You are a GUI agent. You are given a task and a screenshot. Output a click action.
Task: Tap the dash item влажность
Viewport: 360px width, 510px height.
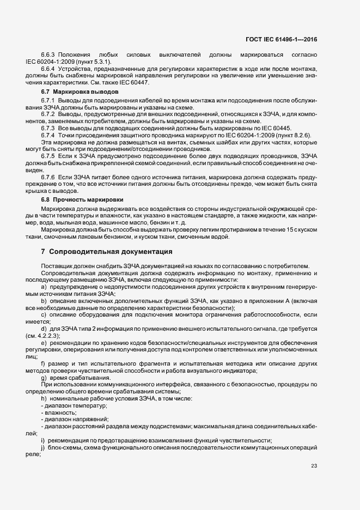tap(60, 412)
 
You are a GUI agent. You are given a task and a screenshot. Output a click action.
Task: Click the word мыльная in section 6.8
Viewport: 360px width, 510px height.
tap(75, 223)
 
